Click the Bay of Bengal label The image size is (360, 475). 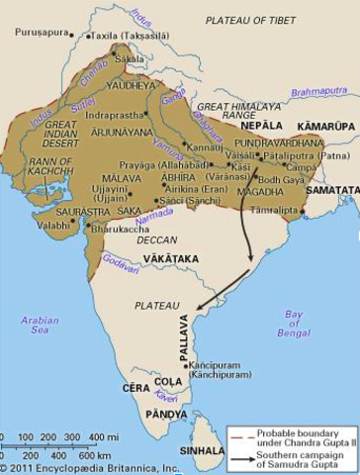click(x=294, y=319)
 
